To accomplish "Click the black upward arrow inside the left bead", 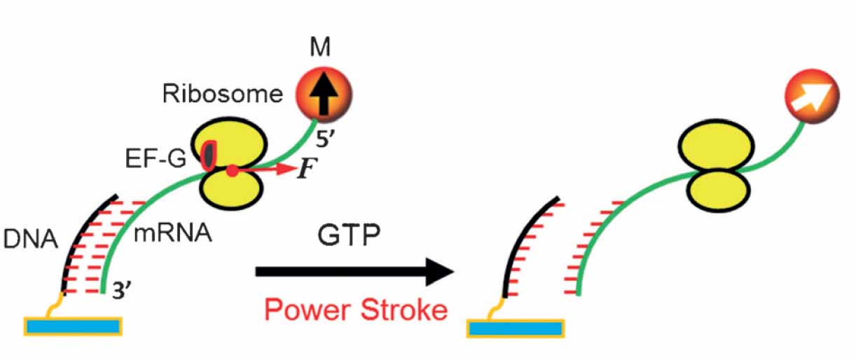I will click(323, 95).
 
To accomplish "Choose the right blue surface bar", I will click(516, 329).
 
